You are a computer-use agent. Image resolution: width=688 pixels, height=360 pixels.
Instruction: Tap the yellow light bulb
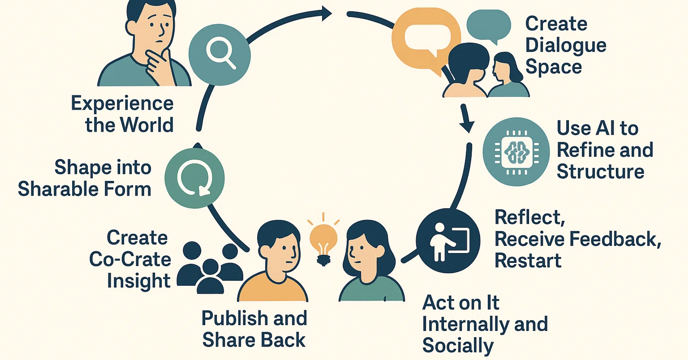coord(323,242)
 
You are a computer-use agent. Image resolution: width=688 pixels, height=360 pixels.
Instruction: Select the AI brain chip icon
coord(516,152)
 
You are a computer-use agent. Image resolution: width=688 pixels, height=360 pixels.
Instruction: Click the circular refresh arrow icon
coord(194,178)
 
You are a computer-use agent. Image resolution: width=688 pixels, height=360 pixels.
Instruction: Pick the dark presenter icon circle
coord(448,240)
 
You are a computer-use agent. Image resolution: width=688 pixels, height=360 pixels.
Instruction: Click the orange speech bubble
coord(426,39)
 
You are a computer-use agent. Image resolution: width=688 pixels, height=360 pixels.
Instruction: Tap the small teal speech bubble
coord(489,26)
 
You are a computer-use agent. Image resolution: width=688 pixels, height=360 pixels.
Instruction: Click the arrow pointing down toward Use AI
coord(466,118)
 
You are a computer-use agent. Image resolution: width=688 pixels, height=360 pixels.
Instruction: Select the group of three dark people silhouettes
coord(210,267)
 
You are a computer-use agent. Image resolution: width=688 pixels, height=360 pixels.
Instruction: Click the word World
coord(146,125)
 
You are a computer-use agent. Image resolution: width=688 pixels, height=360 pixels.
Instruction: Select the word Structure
coord(601,171)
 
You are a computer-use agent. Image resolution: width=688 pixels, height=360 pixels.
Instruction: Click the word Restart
coord(528,261)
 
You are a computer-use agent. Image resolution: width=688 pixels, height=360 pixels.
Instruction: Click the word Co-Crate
coord(130,259)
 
